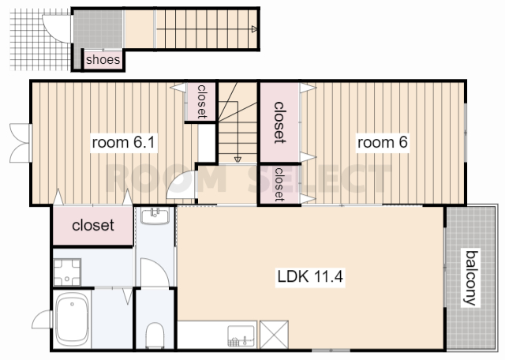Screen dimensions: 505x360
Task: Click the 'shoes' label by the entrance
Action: [103, 59]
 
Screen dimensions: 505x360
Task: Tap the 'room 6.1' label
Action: [124, 142]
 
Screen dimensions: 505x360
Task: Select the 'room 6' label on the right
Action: [383, 142]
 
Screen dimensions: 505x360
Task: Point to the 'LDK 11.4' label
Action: [310, 276]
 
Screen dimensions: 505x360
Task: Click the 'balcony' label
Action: [471, 278]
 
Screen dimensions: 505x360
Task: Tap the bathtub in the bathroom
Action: [72, 319]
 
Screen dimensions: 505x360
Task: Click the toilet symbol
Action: [155, 336]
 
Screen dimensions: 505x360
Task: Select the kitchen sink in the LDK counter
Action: [241, 336]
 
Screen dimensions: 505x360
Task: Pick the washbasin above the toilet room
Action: [155, 216]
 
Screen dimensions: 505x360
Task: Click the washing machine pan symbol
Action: [67, 272]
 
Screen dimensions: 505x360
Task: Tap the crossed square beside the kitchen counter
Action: [274, 334]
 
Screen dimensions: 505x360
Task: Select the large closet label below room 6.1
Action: [93, 225]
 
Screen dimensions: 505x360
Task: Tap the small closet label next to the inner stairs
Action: [202, 101]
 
